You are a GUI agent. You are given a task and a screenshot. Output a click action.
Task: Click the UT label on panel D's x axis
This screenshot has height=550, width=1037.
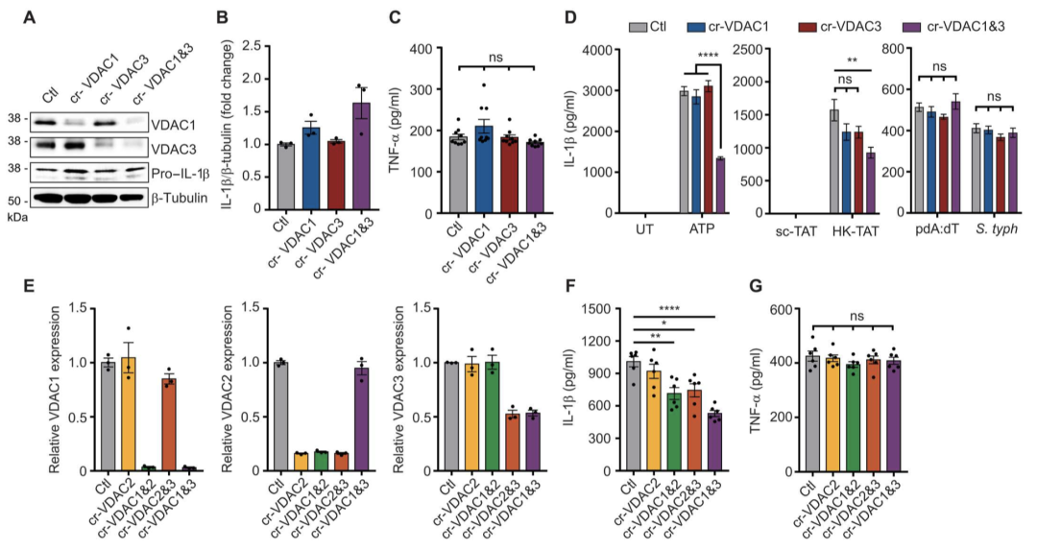pos(644,233)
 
